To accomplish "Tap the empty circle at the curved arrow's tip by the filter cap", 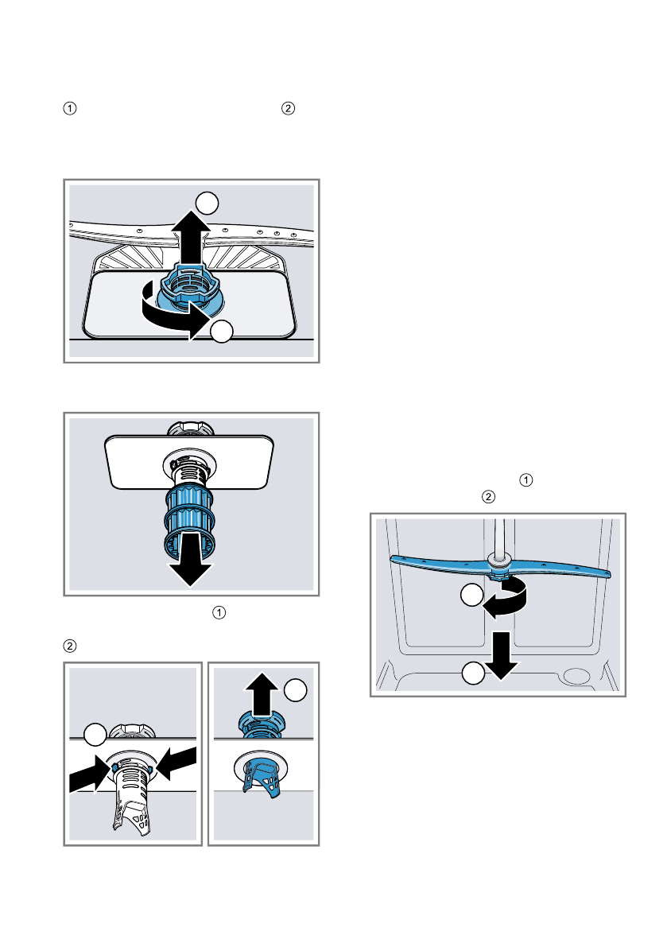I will tap(223, 332).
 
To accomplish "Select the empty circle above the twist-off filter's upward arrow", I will tap(207, 203).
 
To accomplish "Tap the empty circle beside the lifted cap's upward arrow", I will tap(295, 690).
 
